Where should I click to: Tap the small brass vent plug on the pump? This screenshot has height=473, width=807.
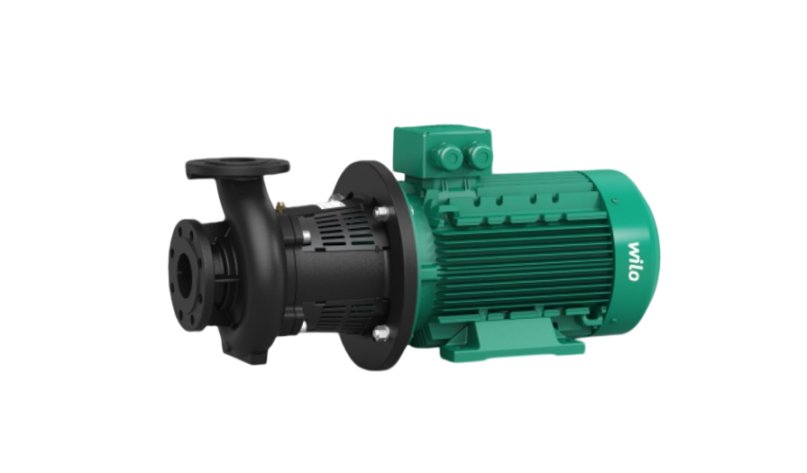[281, 206]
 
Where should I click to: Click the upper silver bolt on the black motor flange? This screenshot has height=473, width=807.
[381, 212]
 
